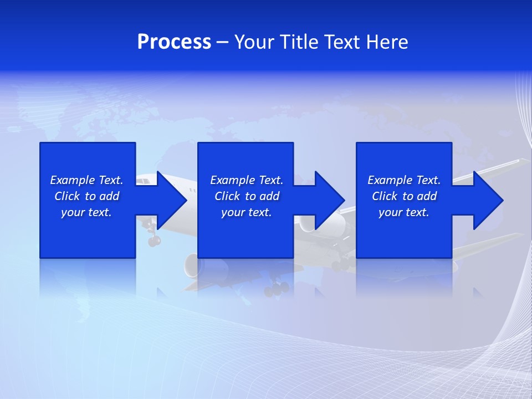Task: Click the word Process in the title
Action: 174,42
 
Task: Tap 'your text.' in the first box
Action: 86,212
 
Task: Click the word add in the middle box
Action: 269,196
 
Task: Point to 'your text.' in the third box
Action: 404,212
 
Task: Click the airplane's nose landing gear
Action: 153,238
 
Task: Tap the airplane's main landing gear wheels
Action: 276,288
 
